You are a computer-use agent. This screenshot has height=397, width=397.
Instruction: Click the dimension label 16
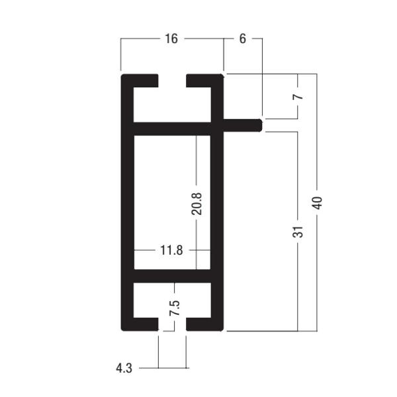coord(171,39)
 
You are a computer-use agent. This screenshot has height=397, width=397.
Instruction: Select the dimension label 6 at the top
coord(242,39)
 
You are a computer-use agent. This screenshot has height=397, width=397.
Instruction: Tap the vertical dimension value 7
coord(298,96)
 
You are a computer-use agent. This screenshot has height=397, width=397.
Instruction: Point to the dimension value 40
coord(318,202)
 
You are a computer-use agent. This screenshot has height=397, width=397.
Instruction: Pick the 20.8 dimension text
coord(197,202)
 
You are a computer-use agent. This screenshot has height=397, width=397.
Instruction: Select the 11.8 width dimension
coord(171,251)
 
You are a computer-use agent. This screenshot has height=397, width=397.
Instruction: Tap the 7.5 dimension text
coord(174,308)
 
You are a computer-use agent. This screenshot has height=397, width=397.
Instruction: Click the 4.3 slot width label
coord(124,368)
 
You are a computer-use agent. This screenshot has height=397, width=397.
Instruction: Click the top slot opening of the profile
coord(172,80)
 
